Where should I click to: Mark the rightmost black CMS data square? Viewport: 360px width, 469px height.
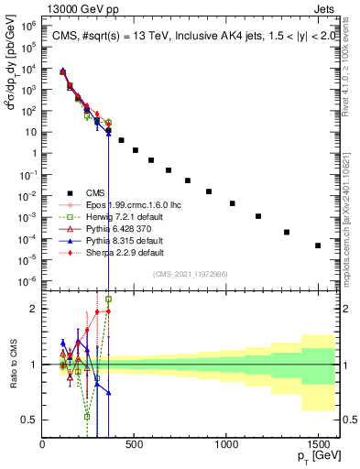pos(318,245)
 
